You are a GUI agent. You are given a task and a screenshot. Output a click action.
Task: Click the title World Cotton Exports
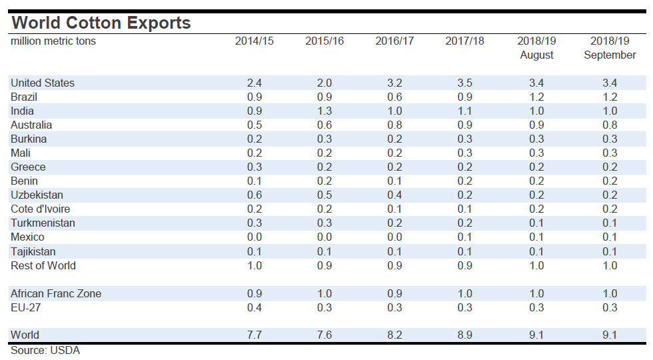pyautogui.click(x=101, y=23)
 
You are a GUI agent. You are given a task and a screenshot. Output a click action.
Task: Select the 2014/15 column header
pyautogui.click(x=254, y=41)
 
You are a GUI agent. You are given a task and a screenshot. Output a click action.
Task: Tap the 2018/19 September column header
pyautogui.click(x=610, y=48)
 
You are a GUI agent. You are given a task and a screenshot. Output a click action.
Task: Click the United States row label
pyautogui.click(x=43, y=83)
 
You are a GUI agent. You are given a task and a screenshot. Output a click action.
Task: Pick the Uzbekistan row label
pyautogui.click(x=38, y=195)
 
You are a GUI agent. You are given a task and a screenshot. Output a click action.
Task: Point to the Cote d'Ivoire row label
pyautogui.click(x=41, y=209)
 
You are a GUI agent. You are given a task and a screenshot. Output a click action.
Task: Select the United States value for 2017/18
pyautogui.click(x=464, y=83)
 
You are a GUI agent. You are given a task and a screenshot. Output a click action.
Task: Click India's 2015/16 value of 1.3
pyautogui.click(x=324, y=111)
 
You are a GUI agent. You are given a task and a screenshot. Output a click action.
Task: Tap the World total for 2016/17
pyautogui.click(x=394, y=335)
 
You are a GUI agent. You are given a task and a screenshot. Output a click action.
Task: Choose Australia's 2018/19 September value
pyautogui.click(x=610, y=125)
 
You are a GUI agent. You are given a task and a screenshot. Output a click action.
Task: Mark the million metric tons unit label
pyautogui.click(x=53, y=41)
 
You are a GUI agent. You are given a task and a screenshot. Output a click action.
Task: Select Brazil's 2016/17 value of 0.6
pyautogui.click(x=394, y=97)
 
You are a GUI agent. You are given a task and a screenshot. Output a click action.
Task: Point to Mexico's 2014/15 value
pyautogui.click(x=254, y=237)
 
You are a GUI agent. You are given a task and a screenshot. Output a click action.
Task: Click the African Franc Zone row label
pyautogui.click(x=56, y=294)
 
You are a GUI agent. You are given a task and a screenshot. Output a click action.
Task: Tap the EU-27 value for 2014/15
pyautogui.click(x=254, y=307)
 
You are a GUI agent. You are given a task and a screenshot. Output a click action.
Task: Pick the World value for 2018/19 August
pyautogui.click(x=536, y=335)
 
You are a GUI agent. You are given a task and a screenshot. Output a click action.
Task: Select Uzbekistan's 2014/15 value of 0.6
pyautogui.click(x=254, y=195)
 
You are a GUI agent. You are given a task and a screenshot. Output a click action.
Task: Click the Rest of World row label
pyautogui.click(x=43, y=265)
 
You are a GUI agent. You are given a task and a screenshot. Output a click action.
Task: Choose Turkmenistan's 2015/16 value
pyautogui.click(x=324, y=223)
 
